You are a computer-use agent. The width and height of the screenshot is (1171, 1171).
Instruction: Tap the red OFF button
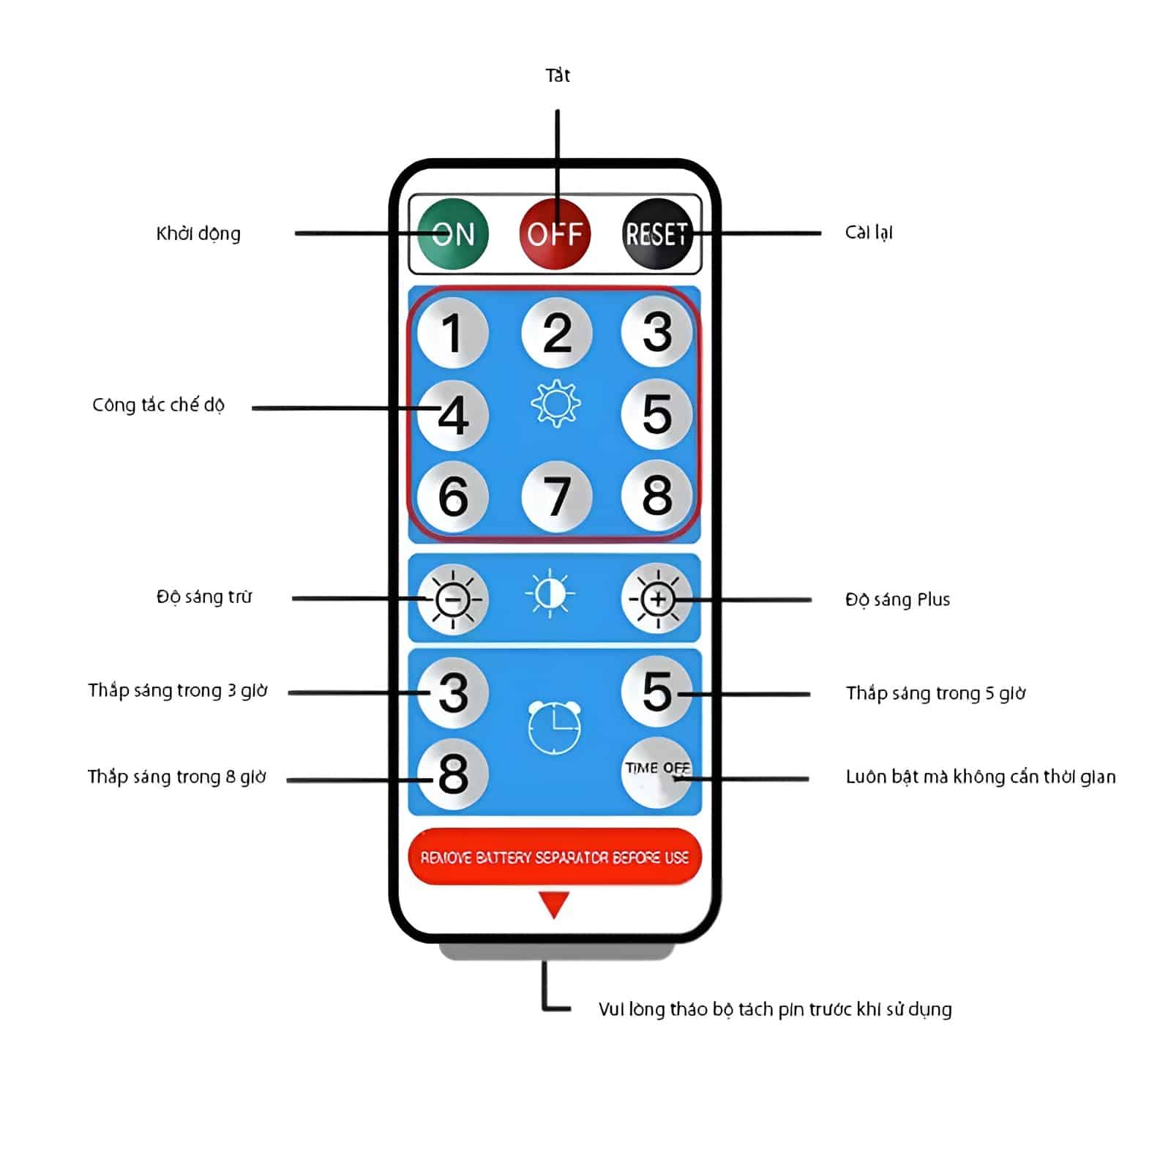click(555, 233)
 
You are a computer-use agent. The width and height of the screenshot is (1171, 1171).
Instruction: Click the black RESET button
click(656, 233)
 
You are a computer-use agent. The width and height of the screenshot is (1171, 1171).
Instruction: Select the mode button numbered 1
click(452, 333)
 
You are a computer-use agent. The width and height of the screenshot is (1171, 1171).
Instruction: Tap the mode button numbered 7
click(556, 496)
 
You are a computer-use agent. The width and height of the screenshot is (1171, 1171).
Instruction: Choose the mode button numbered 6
click(452, 496)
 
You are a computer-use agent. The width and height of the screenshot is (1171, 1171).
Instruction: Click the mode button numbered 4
click(452, 415)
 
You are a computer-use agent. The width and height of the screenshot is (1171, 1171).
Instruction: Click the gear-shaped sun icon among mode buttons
click(555, 403)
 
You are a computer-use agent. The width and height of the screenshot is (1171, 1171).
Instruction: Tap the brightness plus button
click(656, 599)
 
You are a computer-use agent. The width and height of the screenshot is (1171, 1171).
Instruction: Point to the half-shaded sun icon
click(550, 594)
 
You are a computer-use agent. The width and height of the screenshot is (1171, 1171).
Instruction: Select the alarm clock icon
click(554, 727)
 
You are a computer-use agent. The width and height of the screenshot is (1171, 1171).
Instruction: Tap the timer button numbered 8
click(452, 774)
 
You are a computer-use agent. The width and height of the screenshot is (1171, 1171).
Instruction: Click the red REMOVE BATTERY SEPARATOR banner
click(555, 856)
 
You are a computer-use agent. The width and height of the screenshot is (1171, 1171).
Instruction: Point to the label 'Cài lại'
click(869, 233)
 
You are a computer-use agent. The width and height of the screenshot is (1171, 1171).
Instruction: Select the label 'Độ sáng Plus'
click(897, 599)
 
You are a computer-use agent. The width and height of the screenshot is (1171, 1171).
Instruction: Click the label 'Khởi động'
click(198, 233)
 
